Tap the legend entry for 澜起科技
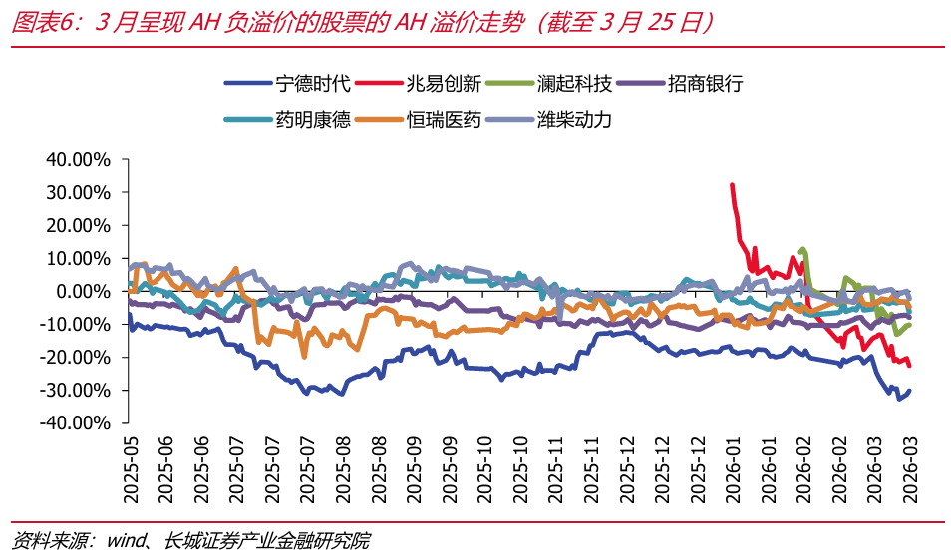[573, 83]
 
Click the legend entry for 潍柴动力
[573, 120]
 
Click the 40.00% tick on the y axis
[77, 159]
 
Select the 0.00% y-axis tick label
[82, 291]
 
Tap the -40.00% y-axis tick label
[75, 422]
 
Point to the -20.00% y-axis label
[75, 357]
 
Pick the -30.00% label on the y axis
[75, 390]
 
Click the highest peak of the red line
[732, 185]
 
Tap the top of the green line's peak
[802, 249]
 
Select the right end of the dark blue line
[909, 391]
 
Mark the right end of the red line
[909, 366]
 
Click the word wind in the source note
[127, 541]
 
